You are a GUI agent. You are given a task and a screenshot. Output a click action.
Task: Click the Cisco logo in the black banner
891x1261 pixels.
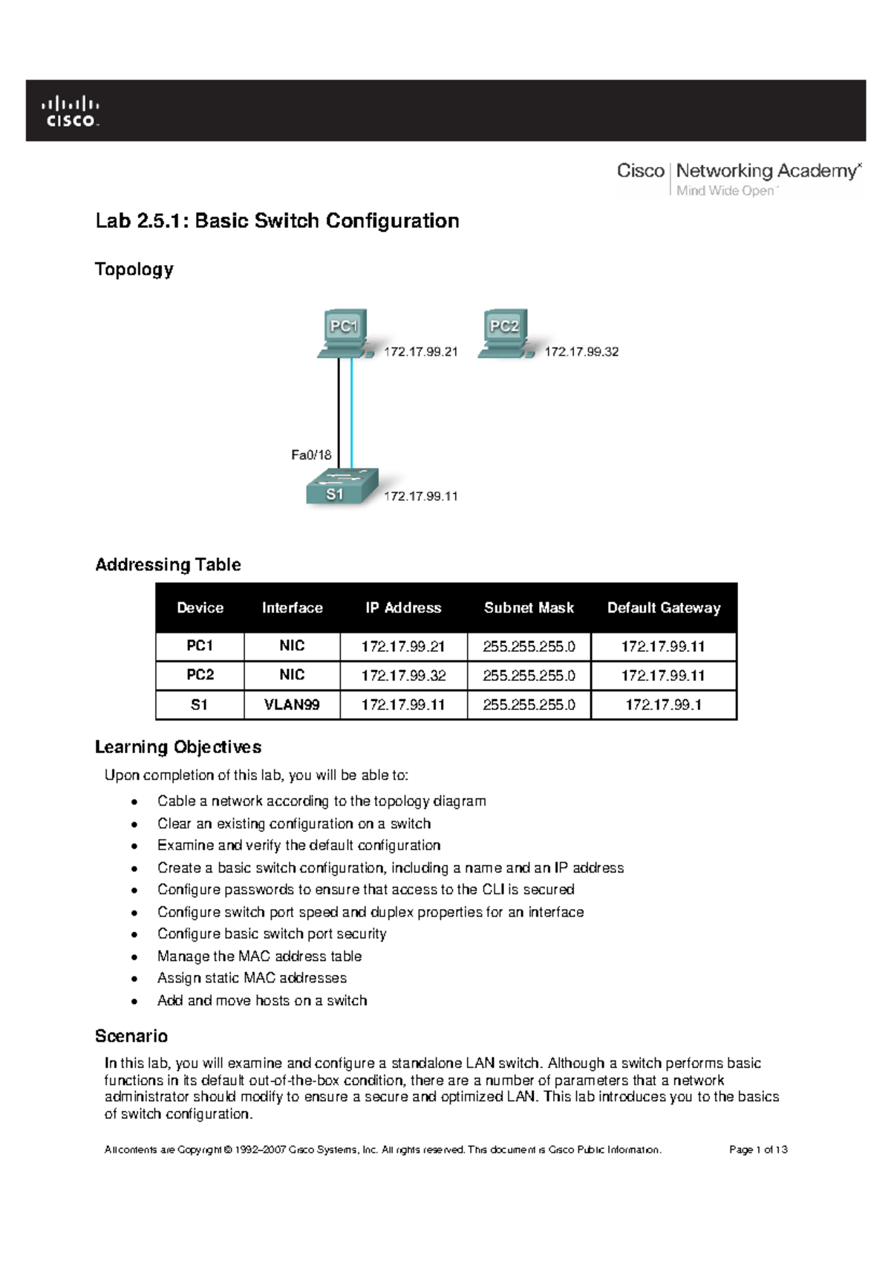tap(71, 111)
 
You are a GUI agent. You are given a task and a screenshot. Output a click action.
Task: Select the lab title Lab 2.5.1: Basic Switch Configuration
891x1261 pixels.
tap(276, 221)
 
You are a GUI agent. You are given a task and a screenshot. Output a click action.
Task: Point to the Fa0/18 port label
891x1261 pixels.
tap(310, 454)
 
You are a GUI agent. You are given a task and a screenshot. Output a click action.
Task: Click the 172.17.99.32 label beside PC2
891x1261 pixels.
tap(581, 351)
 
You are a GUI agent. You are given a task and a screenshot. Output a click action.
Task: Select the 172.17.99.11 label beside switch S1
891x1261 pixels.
tap(420, 496)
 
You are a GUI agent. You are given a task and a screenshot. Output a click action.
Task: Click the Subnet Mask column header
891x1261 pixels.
tap(529, 607)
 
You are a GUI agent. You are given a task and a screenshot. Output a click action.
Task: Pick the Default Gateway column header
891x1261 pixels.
tap(663, 607)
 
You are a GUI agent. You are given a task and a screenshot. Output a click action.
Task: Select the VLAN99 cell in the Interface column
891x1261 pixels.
tap(292, 705)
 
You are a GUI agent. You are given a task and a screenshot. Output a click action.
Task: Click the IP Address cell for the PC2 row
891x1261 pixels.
tap(403, 676)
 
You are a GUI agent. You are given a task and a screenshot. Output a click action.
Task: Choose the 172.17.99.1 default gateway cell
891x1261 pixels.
tap(663, 705)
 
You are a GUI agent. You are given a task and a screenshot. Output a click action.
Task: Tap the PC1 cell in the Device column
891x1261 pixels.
tap(200, 646)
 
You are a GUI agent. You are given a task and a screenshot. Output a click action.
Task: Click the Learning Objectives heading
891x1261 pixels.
tap(178, 746)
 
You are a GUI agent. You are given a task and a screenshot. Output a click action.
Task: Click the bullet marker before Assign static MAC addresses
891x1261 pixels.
tap(134, 980)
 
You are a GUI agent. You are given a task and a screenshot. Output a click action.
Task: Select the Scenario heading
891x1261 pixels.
tap(131, 1036)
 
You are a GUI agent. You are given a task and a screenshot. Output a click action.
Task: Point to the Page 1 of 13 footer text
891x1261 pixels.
tap(757, 1150)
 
